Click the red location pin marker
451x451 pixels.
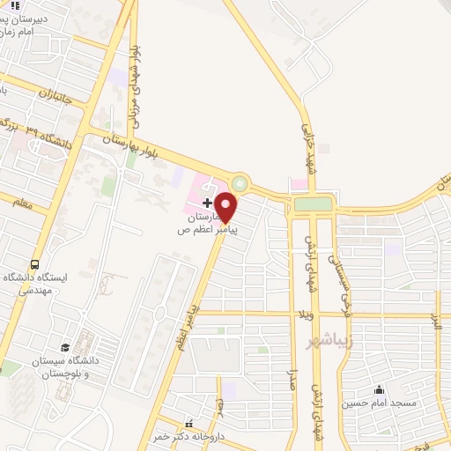tap(226, 208)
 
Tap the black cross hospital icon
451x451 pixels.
tap(207, 203)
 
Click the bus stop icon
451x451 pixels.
tap(35, 264)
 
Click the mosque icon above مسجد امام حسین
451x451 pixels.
tap(380, 389)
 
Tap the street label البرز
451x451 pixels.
tap(433, 323)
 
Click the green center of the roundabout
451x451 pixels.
tap(240, 184)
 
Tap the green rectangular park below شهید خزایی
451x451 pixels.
tap(314, 204)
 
